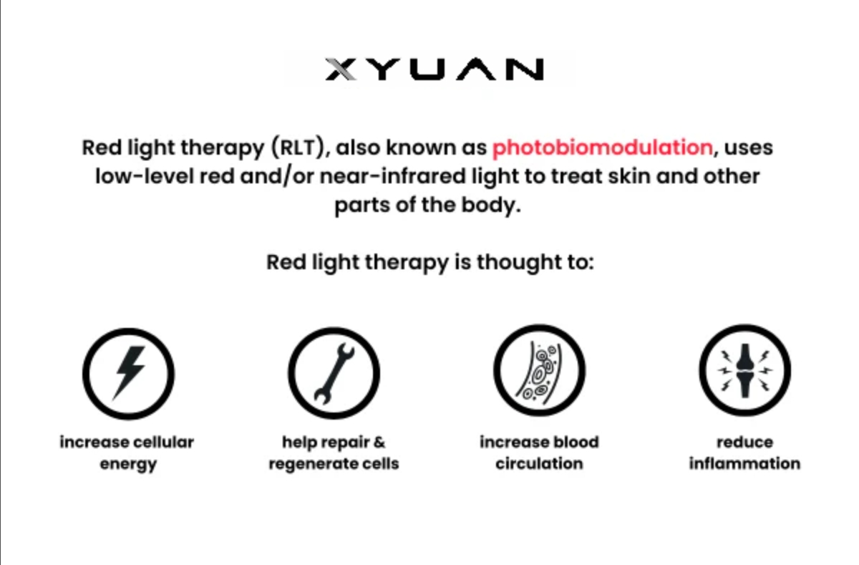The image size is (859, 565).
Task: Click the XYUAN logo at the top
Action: coord(435,69)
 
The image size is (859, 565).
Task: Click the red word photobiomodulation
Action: coord(603,148)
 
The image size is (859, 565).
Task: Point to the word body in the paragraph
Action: coord(491,206)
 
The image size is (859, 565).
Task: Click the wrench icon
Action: coord(334,373)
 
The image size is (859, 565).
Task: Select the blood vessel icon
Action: coord(539,370)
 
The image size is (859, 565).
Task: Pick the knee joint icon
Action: coord(744,370)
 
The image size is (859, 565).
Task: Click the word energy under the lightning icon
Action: coord(128,465)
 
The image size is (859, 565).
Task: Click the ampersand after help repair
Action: coord(379,443)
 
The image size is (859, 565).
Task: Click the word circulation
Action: coord(539,464)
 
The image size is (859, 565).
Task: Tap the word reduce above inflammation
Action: coord(744,443)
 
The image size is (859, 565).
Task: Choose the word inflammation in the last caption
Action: coord(744,464)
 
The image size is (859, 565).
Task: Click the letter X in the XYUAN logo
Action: coord(341,69)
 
